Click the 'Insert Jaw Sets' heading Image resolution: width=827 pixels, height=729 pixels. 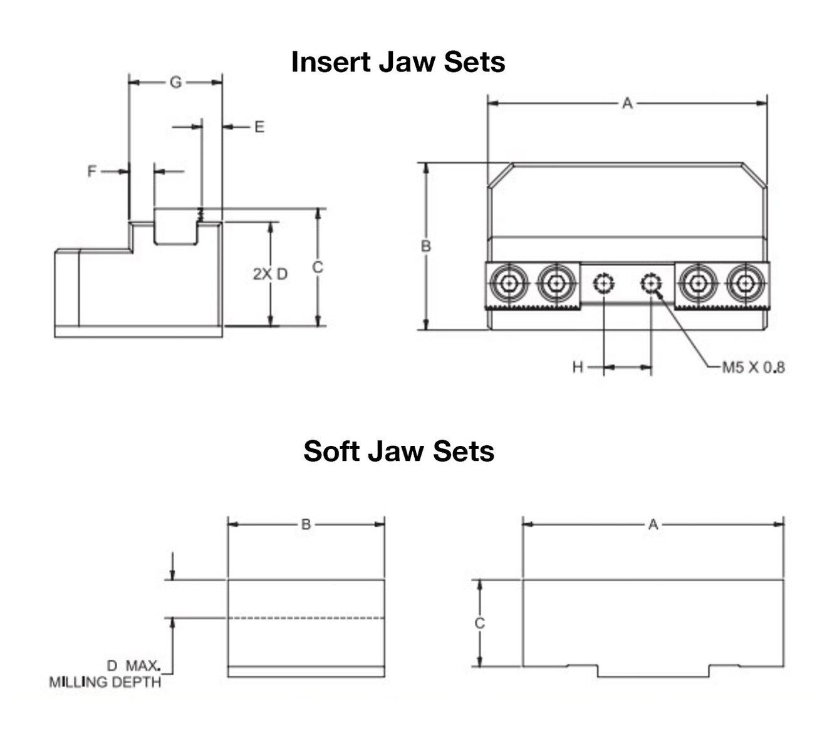[x=398, y=62]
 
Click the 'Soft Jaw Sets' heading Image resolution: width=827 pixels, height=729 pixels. [x=398, y=451]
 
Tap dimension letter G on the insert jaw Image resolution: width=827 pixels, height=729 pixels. [x=175, y=82]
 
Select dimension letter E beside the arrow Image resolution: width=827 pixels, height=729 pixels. [x=259, y=127]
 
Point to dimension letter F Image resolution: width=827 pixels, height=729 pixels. [x=92, y=171]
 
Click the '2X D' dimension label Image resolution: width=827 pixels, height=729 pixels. [x=270, y=274]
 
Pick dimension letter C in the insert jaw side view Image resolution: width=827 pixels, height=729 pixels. [x=318, y=267]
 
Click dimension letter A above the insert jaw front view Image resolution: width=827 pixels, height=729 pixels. [x=627, y=103]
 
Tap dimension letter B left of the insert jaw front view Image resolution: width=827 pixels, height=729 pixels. [x=425, y=246]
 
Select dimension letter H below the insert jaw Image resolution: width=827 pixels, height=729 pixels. [x=578, y=367]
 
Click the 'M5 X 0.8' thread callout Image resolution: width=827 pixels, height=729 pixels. [x=753, y=367]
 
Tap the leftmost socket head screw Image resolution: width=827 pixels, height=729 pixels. [x=510, y=284]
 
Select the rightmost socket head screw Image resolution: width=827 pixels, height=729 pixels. [x=744, y=284]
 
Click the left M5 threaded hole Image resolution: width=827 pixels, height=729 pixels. [x=603, y=284]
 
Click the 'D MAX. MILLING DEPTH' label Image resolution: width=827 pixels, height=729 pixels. [x=105, y=674]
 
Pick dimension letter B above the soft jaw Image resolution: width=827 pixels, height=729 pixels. [x=306, y=524]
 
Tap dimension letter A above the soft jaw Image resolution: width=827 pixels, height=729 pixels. [x=653, y=524]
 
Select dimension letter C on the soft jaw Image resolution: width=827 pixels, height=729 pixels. [x=479, y=623]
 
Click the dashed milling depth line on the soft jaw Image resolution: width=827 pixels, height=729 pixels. [x=306, y=618]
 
